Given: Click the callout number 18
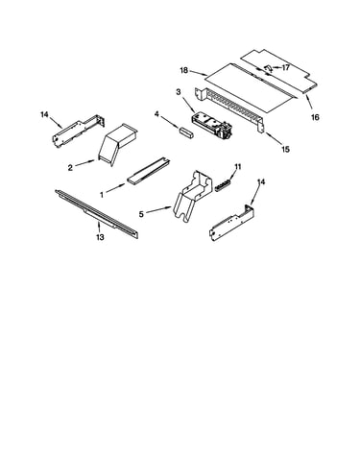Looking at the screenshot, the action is click(x=184, y=70).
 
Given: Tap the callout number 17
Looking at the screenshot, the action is click(x=285, y=67).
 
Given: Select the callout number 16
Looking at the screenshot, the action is click(x=315, y=117).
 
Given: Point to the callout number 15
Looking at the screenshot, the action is click(x=285, y=149).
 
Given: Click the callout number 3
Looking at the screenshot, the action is click(x=179, y=92).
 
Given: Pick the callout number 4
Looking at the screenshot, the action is click(x=156, y=114).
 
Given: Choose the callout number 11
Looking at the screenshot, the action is click(x=237, y=167).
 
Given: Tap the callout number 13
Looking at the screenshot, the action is click(x=101, y=237).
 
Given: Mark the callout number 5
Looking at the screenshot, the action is click(x=141, y=214).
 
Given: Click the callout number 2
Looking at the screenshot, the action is click(x=70, y=167).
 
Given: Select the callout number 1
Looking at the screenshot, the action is click(x=102, y=194).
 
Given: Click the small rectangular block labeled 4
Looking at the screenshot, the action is click(x=186, y=132).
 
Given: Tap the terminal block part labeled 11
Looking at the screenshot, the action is click(x=223, y=186).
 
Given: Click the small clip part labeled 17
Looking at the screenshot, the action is click(x=269, y=67).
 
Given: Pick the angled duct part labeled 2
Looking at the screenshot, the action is click(x=117, y=145).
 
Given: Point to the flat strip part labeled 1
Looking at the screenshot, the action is click(x=149, y=170).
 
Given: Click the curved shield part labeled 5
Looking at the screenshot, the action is click(x=193, y=196).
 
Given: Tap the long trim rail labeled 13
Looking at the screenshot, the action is click(x=97, y=213).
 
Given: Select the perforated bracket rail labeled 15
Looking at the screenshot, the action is click(x=229, y=108).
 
